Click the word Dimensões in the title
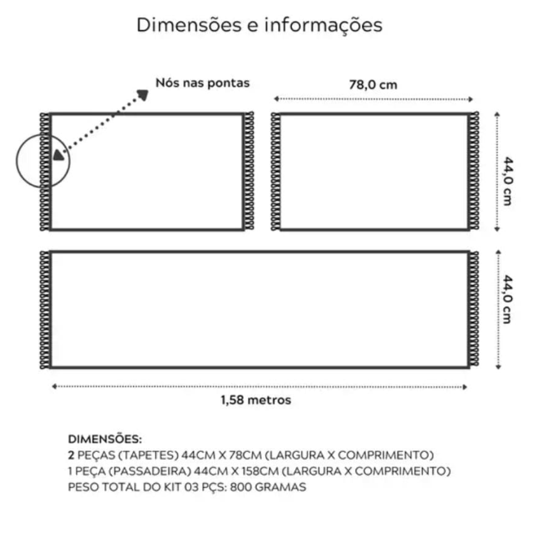[189, 25]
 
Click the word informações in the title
[323, 26]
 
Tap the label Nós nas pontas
[202, 83]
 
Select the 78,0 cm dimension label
[373, 85]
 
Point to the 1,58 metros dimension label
[256, 400]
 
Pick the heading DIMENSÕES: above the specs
[105, 439]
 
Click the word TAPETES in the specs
[148, 455]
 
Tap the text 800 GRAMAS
[268, 487]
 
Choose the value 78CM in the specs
[246, 455]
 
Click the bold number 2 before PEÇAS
[71, 455]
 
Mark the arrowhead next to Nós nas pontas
[143, 94]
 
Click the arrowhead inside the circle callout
[58, 155]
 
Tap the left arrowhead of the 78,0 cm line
[276, 99]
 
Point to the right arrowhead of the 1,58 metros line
[464, 387]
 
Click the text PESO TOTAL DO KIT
[125, 487]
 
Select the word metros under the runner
[269, 400]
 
